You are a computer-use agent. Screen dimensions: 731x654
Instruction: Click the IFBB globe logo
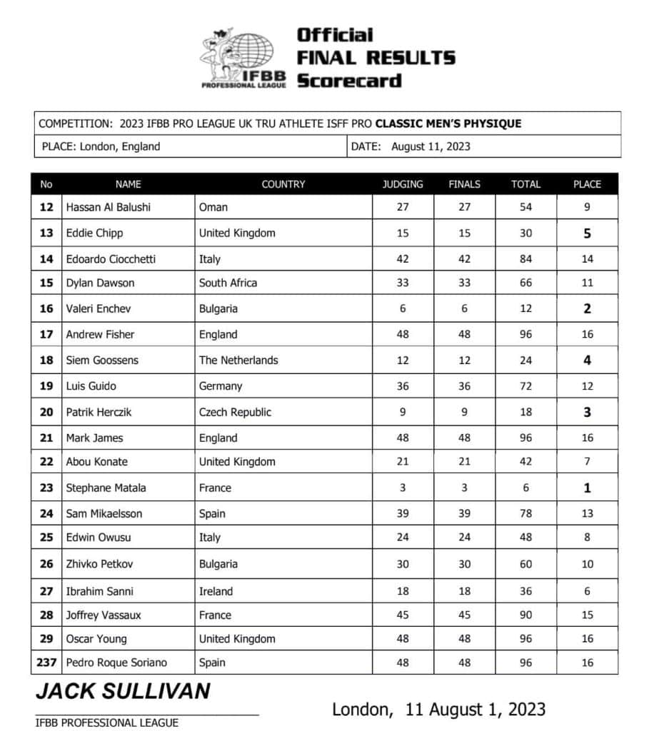(x=243, y=59)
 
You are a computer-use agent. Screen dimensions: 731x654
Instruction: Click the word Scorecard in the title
(x=349, y=81)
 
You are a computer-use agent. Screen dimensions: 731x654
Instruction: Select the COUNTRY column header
(x=283, y=184)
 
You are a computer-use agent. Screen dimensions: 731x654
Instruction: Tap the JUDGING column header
(x=403, y=184)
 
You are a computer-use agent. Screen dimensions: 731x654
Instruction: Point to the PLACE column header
(x=587, y=184)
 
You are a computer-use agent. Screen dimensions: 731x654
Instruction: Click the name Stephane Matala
(x=106, y=488)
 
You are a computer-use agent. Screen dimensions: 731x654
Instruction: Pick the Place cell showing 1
(x=587, y=488)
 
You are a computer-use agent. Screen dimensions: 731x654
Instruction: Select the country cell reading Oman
(x=213, y=207)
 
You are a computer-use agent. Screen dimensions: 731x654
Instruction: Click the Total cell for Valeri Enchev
(x=525, y=309)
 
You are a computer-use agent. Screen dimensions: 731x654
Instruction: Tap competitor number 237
(x=46, y=662)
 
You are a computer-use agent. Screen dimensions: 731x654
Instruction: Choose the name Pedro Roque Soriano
(x=116, y=662)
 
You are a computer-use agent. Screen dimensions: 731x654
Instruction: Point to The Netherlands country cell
(x=238, y=361)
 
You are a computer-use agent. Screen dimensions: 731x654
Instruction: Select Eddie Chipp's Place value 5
(x=587, y=233)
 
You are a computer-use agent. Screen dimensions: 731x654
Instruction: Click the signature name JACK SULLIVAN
(x=123, y=691)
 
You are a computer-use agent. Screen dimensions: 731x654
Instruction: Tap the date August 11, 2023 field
(x=431, y=147)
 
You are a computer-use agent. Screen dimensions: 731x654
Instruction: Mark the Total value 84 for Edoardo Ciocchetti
(x=525, y=259)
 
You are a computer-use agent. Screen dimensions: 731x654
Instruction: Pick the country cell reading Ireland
(x=216, y=591)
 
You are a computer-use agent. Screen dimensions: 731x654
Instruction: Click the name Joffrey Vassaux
(x=104, y=615)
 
